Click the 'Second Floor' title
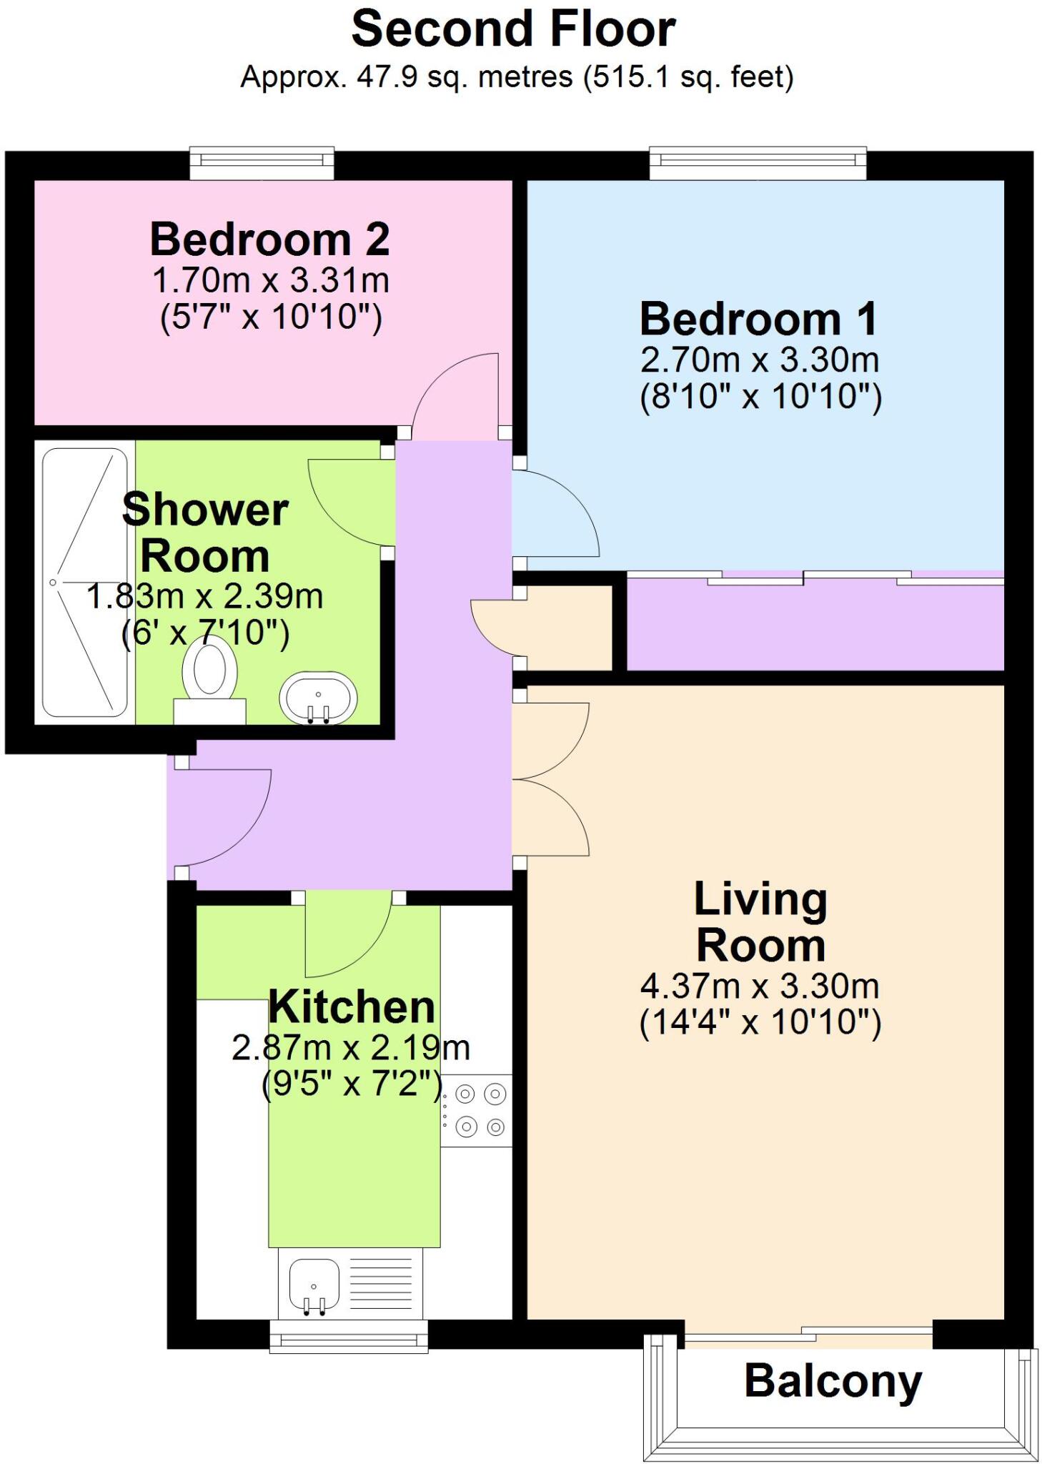tap(513, 29)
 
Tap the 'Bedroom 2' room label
tap(270, 239)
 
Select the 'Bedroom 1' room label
tap(758, 319)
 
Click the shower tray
tap(84, 583)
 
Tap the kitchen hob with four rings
tap(476, 1111)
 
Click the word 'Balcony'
tap(833, 1382)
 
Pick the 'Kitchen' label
tap(352, 1006)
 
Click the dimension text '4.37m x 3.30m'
tap(760, 986)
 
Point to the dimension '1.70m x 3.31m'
tap(271, 280)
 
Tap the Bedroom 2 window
tap(262, 164)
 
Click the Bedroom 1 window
tap(758, 164)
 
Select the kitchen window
tap(349, 1336)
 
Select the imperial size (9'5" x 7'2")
tap(352, 1084)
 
